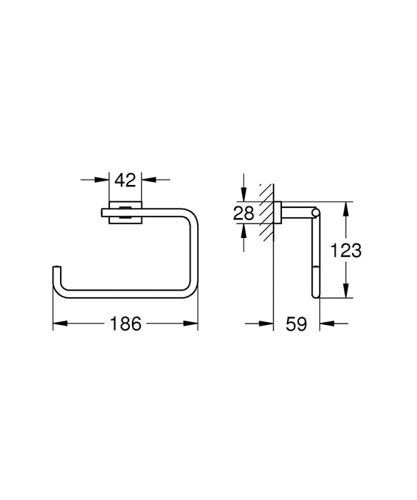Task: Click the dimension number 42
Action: coord(126,181)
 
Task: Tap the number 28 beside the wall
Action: coord(244,212)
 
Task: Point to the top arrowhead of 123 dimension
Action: coord(346,208)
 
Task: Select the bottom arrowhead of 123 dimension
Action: coord(346,292)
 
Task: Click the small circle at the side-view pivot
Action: coord(314,212)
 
